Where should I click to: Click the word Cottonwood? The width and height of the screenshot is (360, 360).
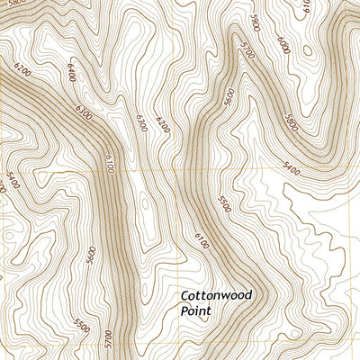(216, 295)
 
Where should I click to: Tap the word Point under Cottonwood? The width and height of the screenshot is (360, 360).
(195, 311)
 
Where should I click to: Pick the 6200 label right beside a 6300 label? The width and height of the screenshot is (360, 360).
(162, 121)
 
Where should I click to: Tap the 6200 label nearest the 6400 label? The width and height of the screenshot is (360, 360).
(162, 121)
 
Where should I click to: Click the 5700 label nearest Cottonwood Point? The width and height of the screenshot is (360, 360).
(107, 339)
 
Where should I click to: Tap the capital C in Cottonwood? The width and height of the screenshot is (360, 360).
(184, 295)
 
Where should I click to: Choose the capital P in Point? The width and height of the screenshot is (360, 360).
(184, 311)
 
